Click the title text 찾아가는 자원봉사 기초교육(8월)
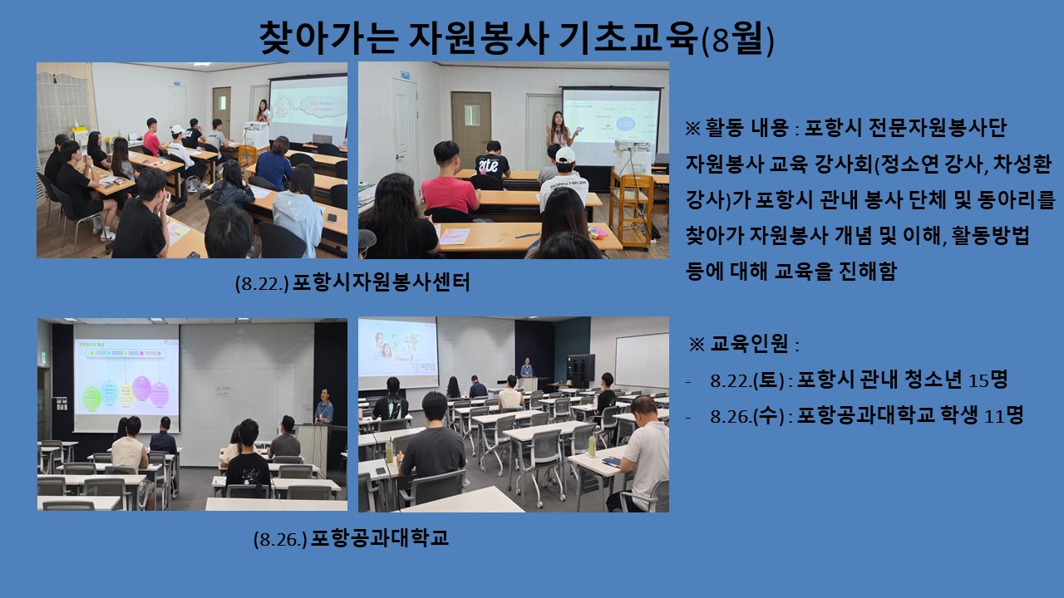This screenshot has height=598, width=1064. [x=517, y=38]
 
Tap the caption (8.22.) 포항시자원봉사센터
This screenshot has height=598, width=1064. [x=352, y=283]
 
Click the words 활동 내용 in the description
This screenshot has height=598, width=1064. [x=746, y=128]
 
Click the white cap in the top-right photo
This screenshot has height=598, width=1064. [x=564, y=154]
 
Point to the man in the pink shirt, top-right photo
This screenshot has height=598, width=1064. [x=449, y=183]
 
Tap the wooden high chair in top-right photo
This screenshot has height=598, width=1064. [x=631, y=208]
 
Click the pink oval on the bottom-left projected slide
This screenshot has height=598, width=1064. [x=142, y=388]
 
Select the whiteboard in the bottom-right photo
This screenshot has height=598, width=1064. [x=641, y=360]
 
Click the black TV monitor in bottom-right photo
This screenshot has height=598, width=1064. [x=581, y=368]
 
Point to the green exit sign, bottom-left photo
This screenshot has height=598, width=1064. [x=43, y=357]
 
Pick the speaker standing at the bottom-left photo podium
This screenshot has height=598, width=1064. [x=323, y=406]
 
